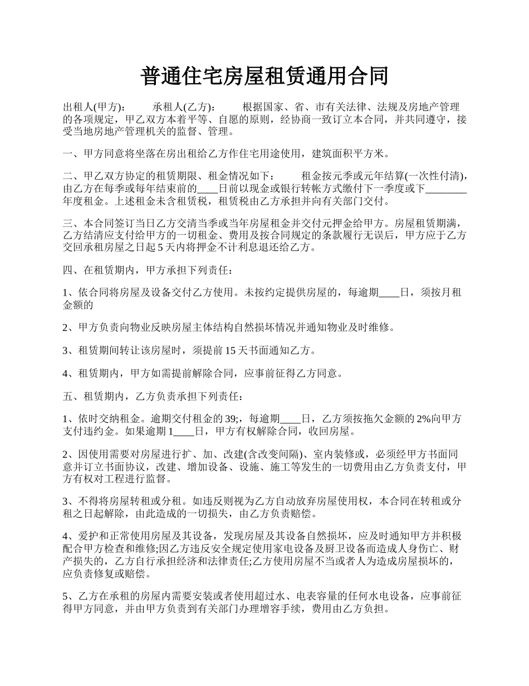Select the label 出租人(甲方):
[94, 107]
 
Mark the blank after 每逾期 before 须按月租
[389, 293]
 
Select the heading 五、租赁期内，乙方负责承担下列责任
[153, 397]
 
